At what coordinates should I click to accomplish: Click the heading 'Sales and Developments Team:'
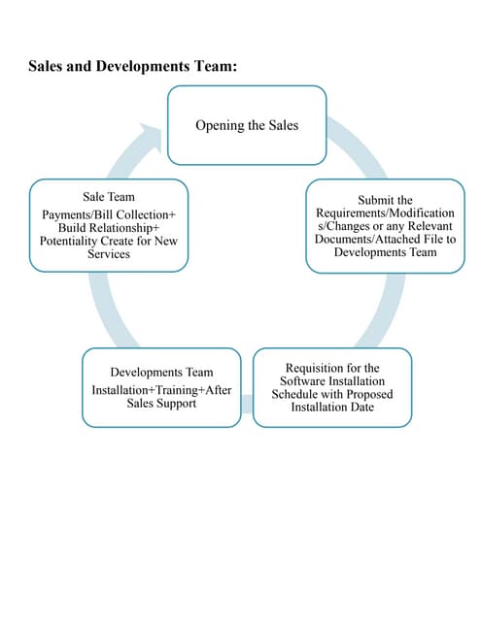pos(133,67)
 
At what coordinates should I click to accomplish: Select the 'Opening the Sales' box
pos(247,125)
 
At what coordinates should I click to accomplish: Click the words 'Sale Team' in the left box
pos(109,197)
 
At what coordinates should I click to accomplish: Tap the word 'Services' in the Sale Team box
pos(109,253)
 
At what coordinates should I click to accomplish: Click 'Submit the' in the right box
pos(385,200)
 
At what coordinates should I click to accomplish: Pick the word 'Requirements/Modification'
pos(385,212)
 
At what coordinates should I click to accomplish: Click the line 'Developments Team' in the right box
pos(385,252)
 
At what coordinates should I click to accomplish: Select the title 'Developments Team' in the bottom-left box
pos(161,373)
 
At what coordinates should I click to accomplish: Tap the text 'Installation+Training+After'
pos(161,389)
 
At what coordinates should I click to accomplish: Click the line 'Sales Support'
pos(161,403)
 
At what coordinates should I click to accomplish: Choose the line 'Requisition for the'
pos(332,369)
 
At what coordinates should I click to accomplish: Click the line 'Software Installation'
pos(332,382)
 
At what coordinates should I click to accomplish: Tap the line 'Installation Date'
pos(332,408)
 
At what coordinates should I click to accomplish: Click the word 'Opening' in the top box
pos(219,125)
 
